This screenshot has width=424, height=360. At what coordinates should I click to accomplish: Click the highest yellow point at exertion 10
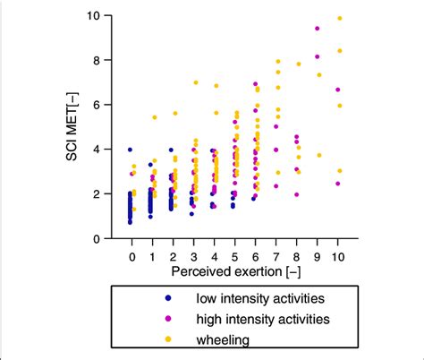339,18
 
